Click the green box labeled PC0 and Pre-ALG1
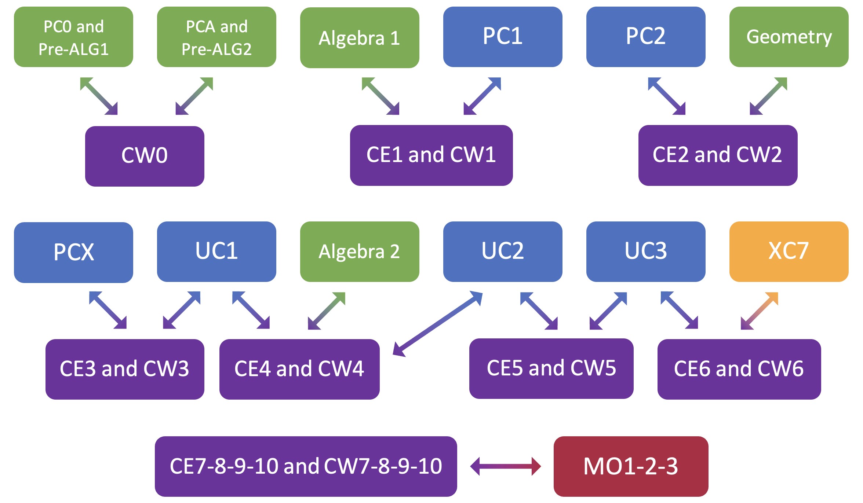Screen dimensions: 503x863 (x=73, y=37)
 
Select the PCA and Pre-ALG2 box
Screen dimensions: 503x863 (x=216, y=37)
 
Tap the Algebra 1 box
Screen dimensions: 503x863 (x=360, y=38)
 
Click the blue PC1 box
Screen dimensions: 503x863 (x=503, y=37)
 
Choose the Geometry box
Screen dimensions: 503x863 (x=789, y=37)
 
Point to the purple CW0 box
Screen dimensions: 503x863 (x=145, y=156)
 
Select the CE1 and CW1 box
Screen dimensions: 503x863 (x=431, y=155)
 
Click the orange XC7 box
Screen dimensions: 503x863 (x=789, y=251)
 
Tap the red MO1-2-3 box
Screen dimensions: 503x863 (x=631, y=466)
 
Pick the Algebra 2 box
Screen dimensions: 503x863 (x=360, y=251)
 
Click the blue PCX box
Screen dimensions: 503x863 (x=73, y=252)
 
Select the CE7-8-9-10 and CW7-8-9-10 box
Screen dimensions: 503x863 (x=306, y=466)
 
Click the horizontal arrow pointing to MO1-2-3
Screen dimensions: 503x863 (x=505, y=466)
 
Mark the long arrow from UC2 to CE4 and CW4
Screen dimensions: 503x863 (x=437, y=324)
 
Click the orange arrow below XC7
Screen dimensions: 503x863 (x=759, y=311)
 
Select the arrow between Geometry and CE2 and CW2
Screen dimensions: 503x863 (x=768, y=96)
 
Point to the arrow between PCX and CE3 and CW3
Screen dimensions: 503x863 (x=108, y=310)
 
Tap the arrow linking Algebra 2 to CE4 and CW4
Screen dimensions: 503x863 (x=327, y=311)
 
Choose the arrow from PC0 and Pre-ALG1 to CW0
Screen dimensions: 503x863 (x=99, y=96)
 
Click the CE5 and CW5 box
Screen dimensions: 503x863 (x=551, y=368)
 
